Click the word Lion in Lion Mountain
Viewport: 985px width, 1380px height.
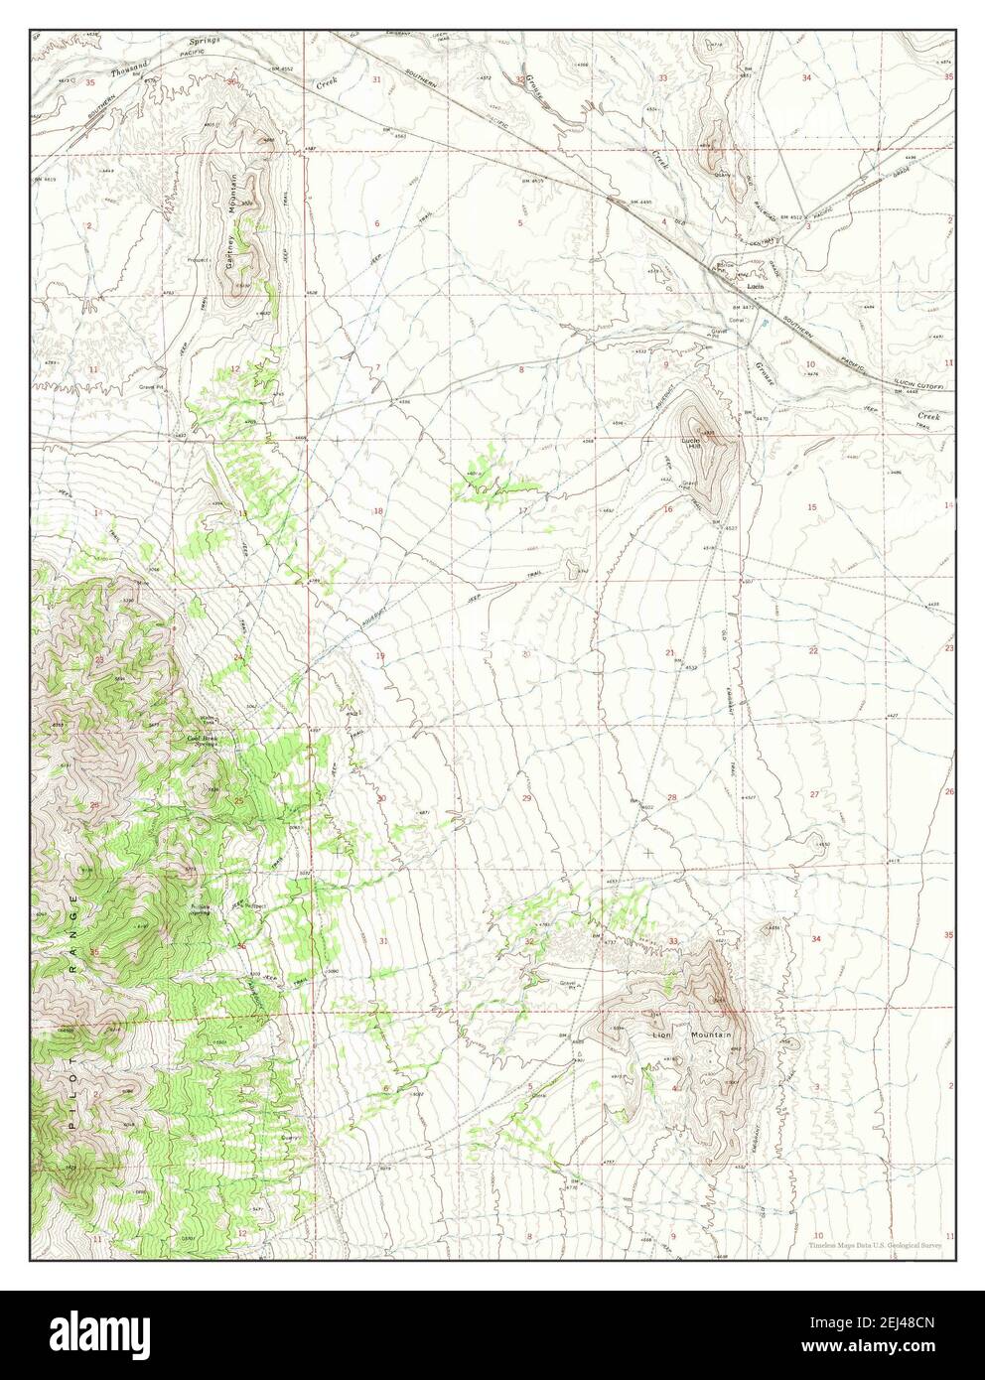tap(661, 1035)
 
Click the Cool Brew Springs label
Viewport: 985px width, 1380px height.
tap(202, 739)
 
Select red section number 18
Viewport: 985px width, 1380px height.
tap(377, 511)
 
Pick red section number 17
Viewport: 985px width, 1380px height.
tap(521, 511)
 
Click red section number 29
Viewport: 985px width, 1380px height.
tap(527, 798)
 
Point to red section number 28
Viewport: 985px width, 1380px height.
tap(671, 798)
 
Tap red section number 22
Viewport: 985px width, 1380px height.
tap(812, 651)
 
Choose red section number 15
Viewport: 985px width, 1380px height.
tap(811, 507)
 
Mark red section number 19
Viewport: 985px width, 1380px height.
tap(379, 656)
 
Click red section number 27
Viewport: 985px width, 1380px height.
tap(814, 794)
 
